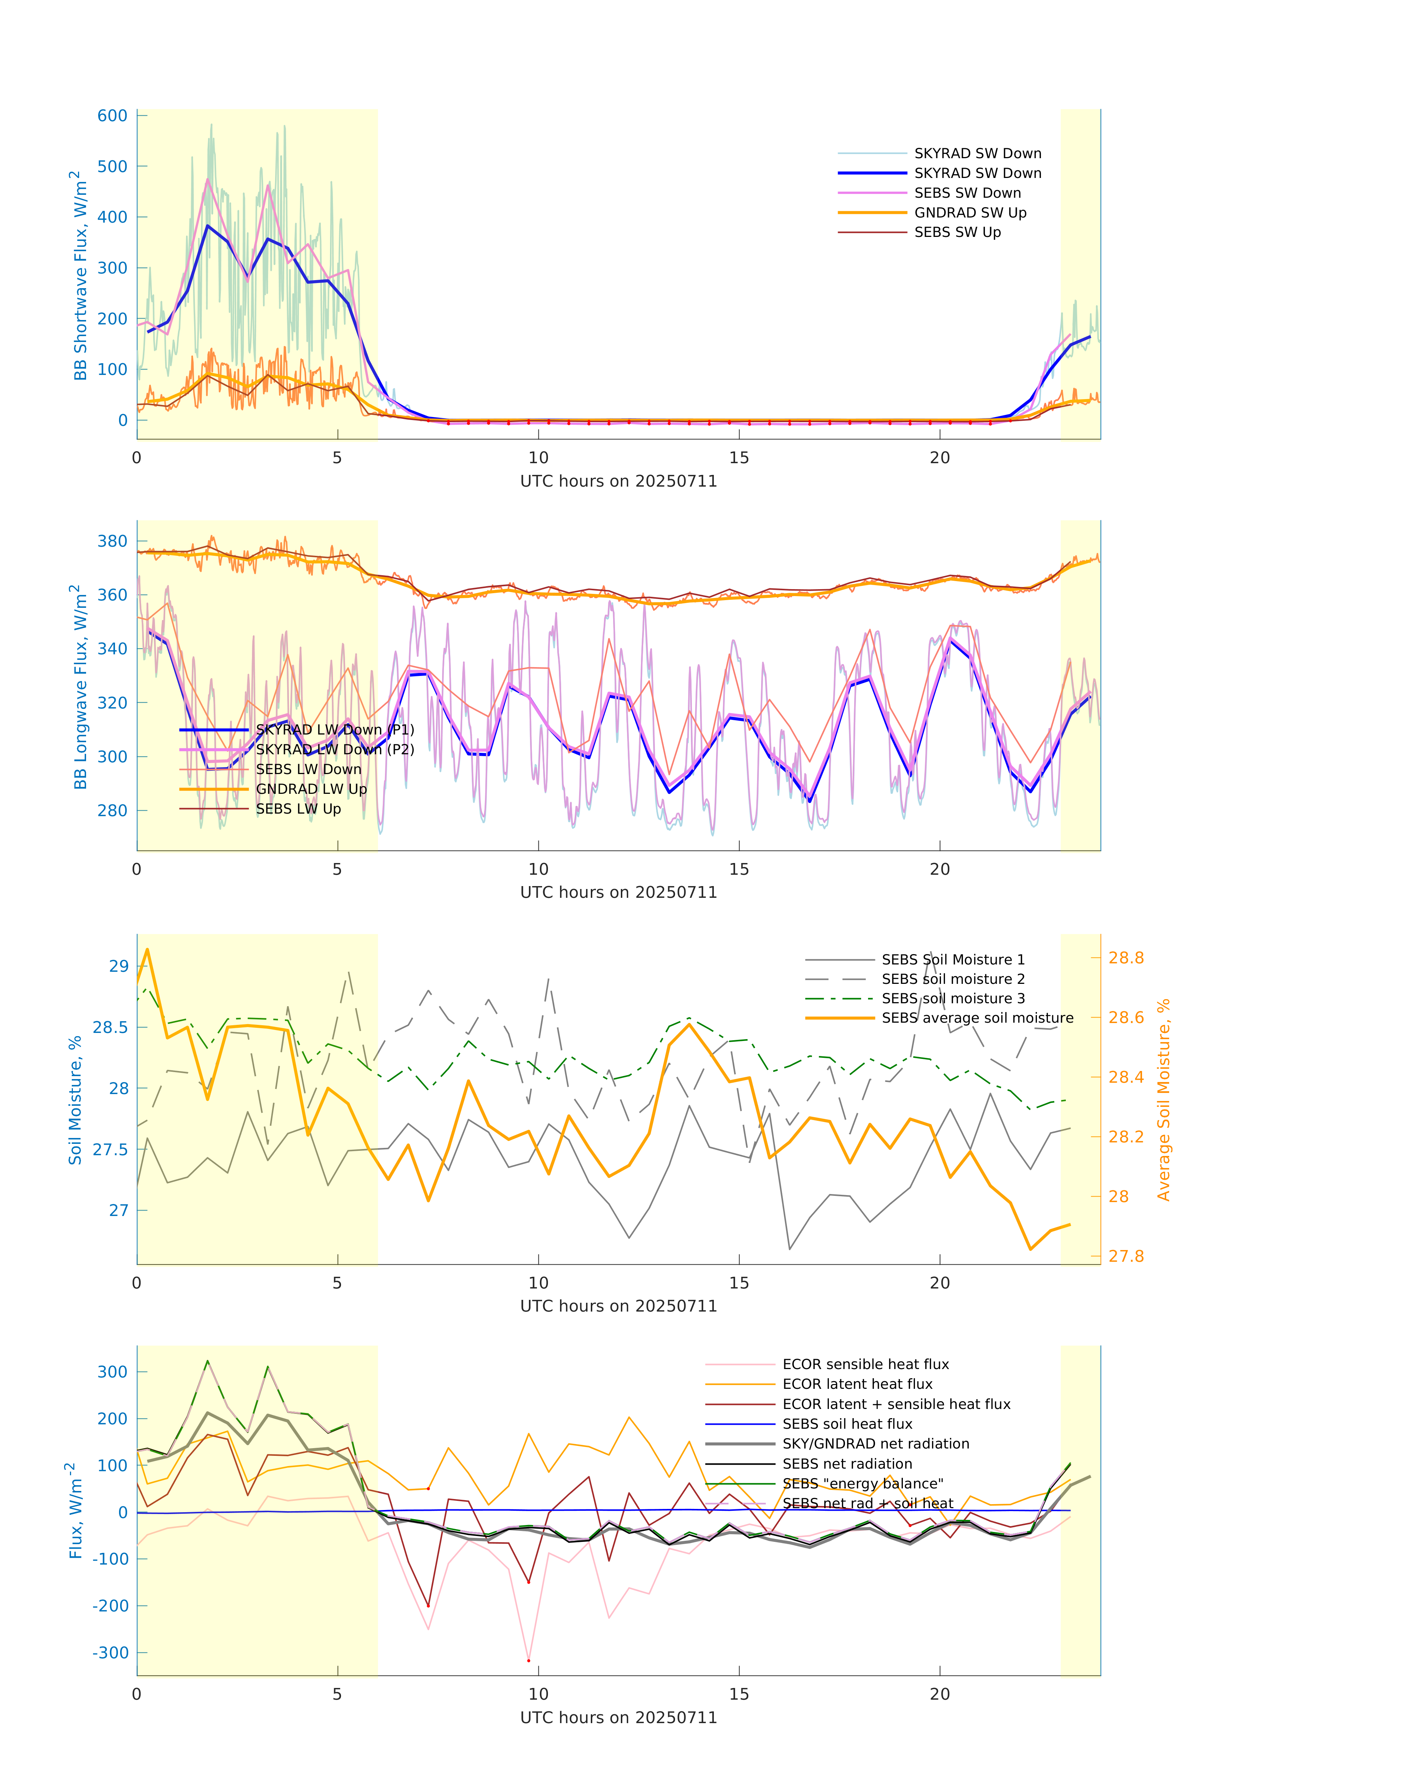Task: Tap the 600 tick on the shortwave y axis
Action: (x=112, y=116)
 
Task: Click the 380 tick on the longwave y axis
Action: (x=112, y=541)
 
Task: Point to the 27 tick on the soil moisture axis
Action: (x=119, y=1210)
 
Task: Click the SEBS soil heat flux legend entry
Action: (x=846, y=1424)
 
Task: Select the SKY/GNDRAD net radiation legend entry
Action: (x=875, y=1444)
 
